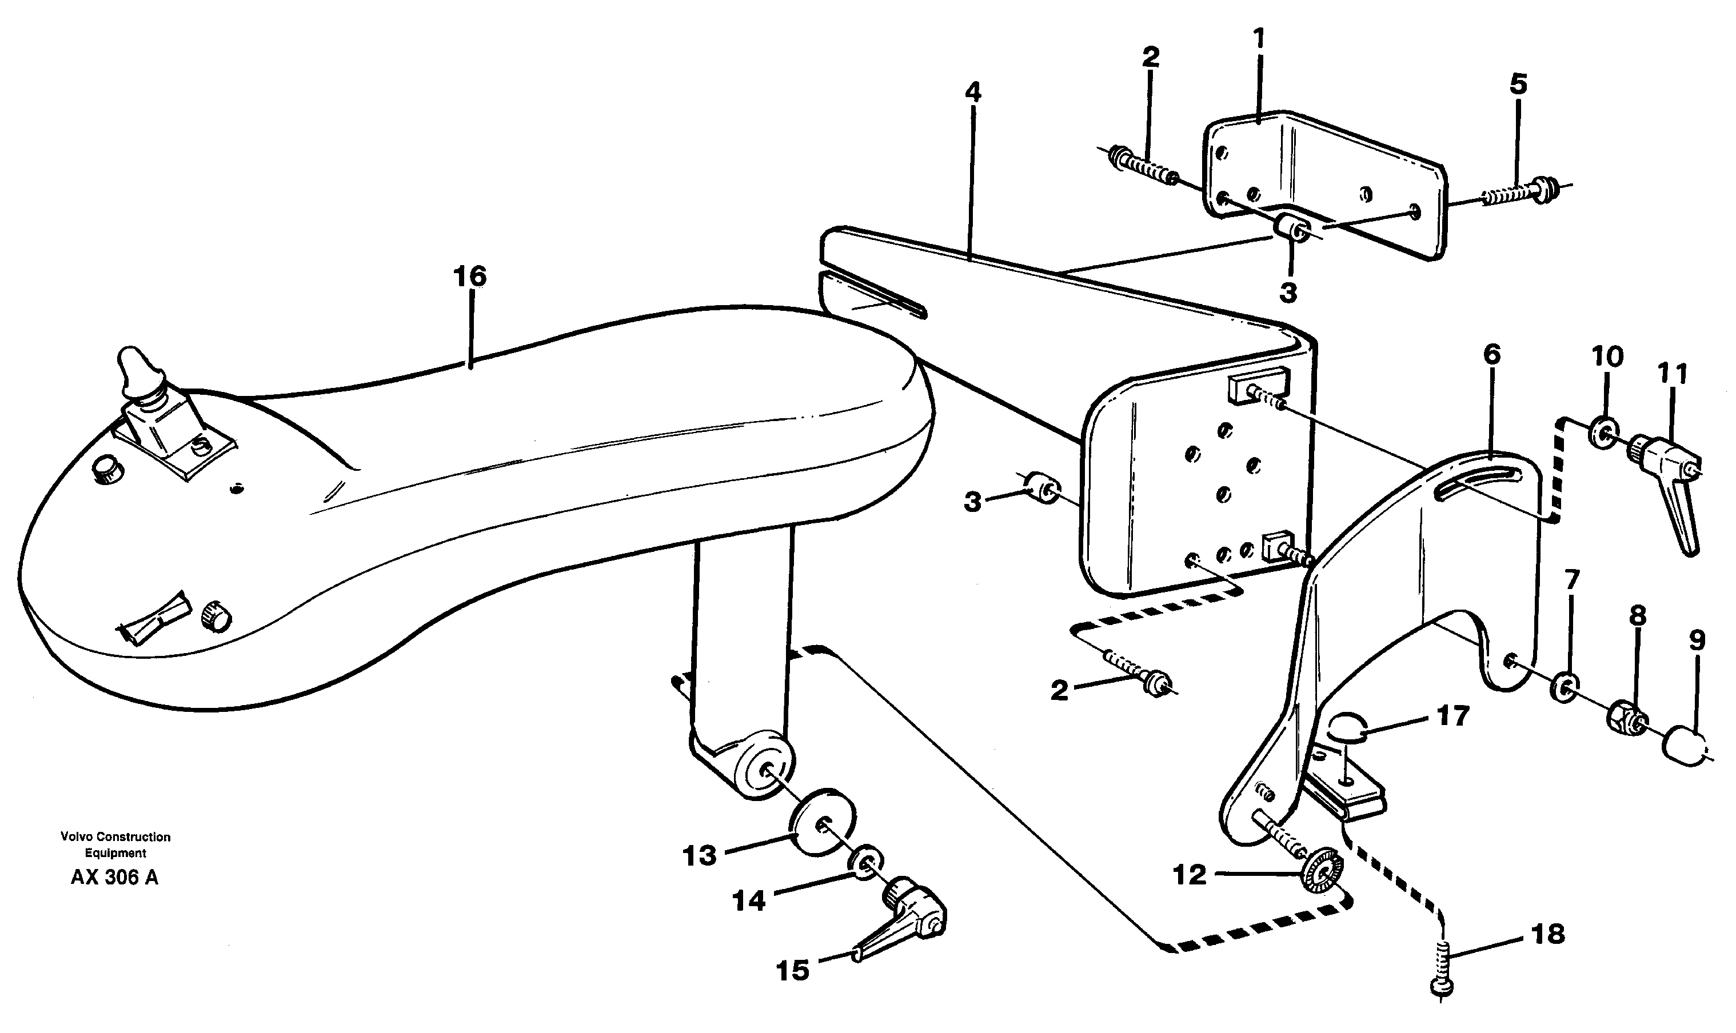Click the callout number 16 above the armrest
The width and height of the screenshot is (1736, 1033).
(x=469, y=277)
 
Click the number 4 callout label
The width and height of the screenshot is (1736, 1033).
(x=972, y=92)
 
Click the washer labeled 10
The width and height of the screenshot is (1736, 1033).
(x=1604, y=435)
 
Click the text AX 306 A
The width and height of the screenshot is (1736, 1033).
(x=114, y=878)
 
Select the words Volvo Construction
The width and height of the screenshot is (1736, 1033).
(x=115, y=836)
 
